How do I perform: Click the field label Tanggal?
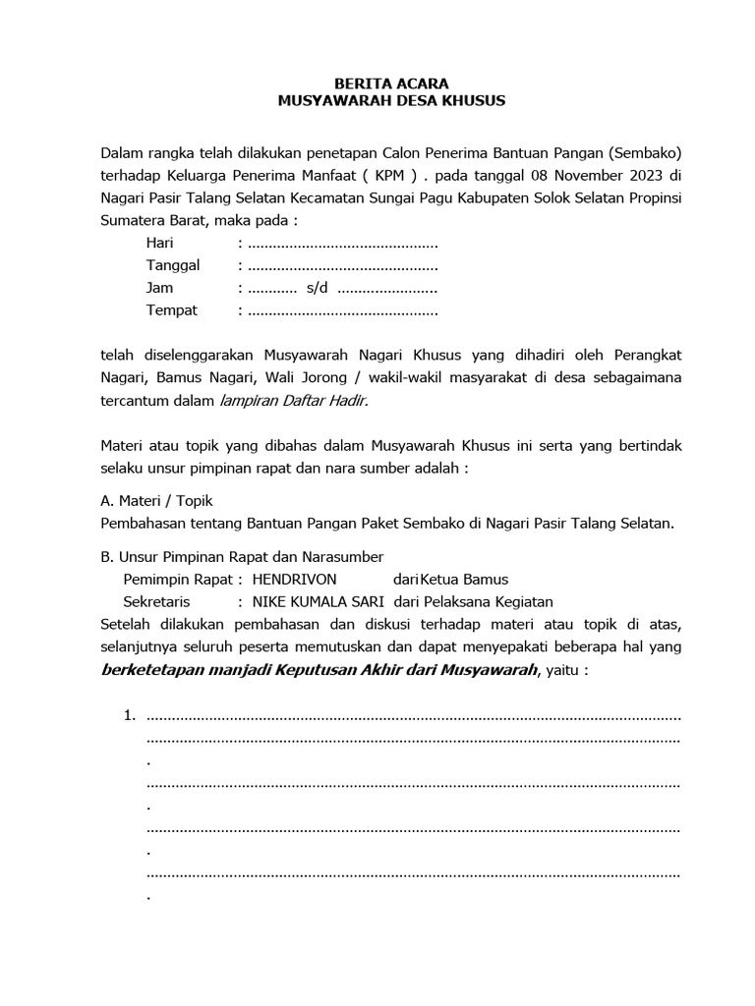(173, 265)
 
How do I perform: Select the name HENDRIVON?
(294, 580)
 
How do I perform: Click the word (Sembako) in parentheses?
(644, 153)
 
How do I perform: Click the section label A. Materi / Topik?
(156, 500)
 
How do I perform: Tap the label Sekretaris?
(156, 601)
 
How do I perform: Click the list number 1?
(128, 714)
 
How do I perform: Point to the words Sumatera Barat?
(149, 220)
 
